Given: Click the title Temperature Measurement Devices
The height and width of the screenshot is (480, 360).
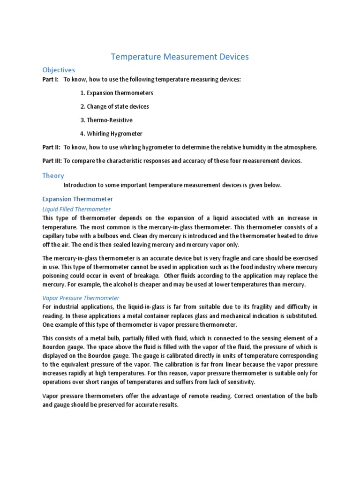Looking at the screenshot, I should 180,57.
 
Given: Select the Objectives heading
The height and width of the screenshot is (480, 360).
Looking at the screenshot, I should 59,70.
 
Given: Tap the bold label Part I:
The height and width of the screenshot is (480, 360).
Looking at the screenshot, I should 51,80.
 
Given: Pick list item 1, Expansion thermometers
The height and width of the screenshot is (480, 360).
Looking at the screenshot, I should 116,93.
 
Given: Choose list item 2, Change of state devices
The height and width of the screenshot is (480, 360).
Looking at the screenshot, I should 114,106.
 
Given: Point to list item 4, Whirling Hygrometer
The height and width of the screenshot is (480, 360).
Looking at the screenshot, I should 111,134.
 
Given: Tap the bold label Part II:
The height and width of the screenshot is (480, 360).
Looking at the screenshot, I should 52,147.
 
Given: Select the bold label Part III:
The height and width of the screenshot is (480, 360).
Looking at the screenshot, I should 52,161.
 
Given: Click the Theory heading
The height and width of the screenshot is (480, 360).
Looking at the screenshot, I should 53,175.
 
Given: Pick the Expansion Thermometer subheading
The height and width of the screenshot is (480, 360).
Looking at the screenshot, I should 77,199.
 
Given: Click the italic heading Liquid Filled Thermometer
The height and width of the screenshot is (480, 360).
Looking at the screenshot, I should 76,209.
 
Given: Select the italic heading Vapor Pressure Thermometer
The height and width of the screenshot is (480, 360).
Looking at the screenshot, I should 81,298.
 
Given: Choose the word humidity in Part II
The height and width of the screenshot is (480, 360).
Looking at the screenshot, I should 239,147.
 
